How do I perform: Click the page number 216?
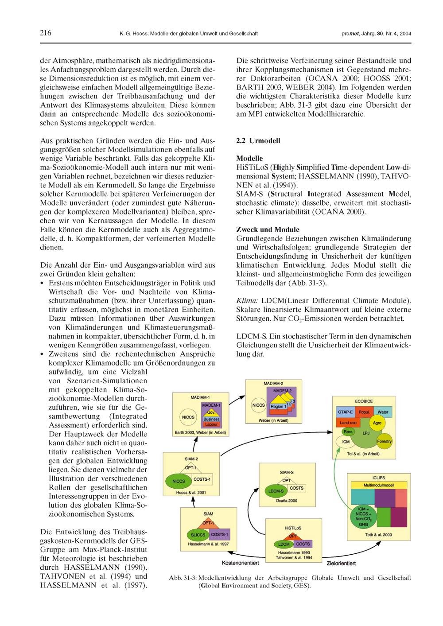coord(46,33)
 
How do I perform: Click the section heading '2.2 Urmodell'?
coord(258,141)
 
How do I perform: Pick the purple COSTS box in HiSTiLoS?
coord(303,544)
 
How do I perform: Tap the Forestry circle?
coord(385,442)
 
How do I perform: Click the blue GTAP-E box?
coord(345,412)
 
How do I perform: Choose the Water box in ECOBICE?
coord(383,412)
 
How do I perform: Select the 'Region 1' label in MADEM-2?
coord(278,406)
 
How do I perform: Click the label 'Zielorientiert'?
coord(339,563)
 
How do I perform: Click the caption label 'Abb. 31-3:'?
coord(183,578)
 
